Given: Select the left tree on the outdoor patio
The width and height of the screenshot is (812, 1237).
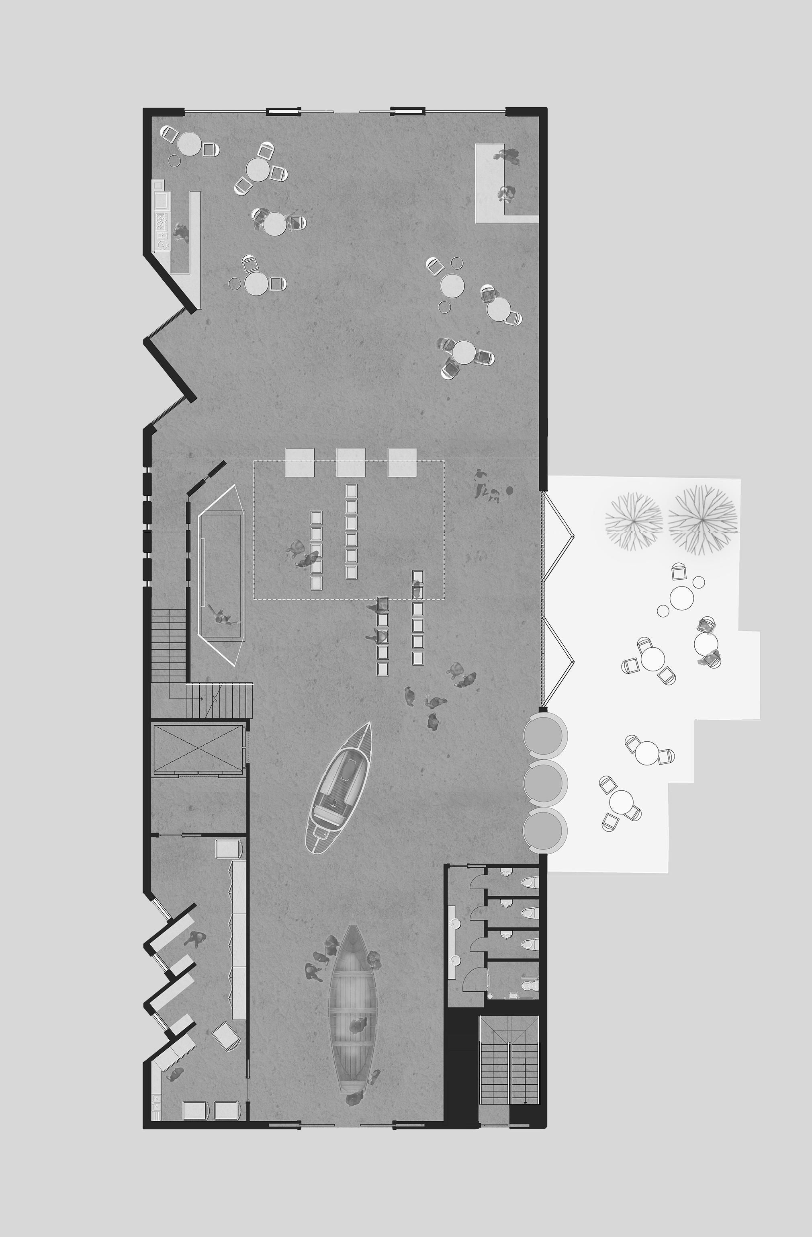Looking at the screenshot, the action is pyautogui.click(x=634, y=520).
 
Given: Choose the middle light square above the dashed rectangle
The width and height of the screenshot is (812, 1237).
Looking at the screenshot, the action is pyautogui.click(x=351, y=462).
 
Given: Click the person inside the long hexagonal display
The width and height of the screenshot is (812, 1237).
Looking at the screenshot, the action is pyautogui.click(x=222, y=615).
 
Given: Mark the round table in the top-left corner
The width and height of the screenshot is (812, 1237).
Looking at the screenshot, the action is pyautogui.click(x=188, y=143).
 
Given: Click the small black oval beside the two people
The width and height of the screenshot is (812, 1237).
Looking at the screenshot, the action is pyautogui.click(x=509, y=490).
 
